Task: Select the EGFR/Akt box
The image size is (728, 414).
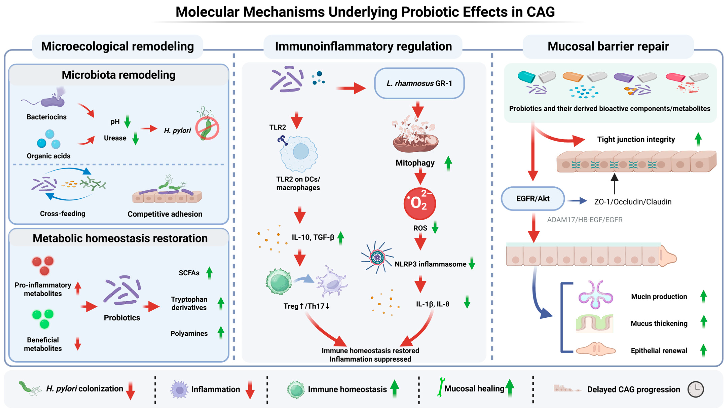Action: point(533,198)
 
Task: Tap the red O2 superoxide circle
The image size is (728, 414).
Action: point(419,203)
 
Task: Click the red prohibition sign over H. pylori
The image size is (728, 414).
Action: point(207,129)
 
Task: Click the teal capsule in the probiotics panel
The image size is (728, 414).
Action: point(526,77)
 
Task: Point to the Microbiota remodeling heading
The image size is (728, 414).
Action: point(119,75)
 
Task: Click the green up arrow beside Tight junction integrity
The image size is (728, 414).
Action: point(698,139)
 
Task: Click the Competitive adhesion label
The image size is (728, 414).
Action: point(165,214)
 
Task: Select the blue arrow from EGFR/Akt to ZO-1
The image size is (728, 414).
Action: point(577,201)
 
